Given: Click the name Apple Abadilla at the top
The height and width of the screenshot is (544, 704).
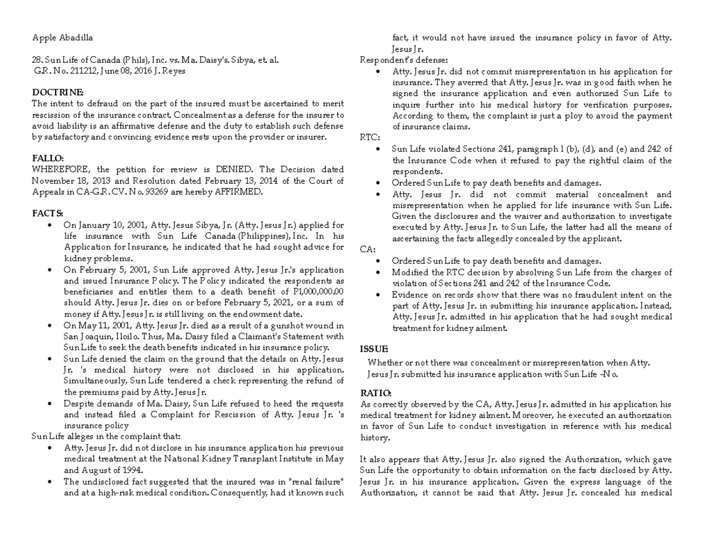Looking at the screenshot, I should (62, 38).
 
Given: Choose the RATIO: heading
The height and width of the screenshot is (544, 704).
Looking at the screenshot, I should (375, 393).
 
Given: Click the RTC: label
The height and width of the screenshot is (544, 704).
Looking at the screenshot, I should (369, 138).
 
